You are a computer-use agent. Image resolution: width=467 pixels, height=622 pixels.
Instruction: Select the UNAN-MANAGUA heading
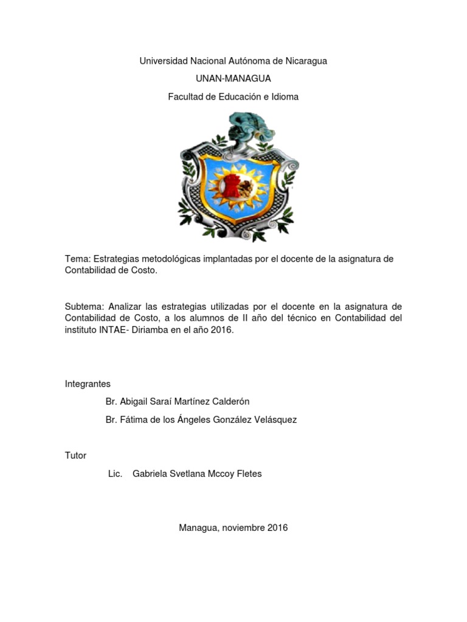[233, 78]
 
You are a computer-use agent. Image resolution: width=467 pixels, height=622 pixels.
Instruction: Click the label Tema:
[77, 259]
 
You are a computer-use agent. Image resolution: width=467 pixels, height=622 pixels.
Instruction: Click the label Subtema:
[83, 306]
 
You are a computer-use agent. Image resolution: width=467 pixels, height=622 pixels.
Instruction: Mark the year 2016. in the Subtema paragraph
[221, 330]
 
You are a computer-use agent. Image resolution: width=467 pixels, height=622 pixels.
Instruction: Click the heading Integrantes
[88, 383]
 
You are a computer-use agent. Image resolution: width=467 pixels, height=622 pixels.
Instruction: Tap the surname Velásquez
[274, 420]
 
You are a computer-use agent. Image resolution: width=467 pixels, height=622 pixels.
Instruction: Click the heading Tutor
[75, 455]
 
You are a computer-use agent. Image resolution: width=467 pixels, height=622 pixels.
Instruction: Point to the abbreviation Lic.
[115, 473]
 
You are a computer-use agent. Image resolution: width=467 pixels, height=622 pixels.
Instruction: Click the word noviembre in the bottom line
[244, 528]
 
